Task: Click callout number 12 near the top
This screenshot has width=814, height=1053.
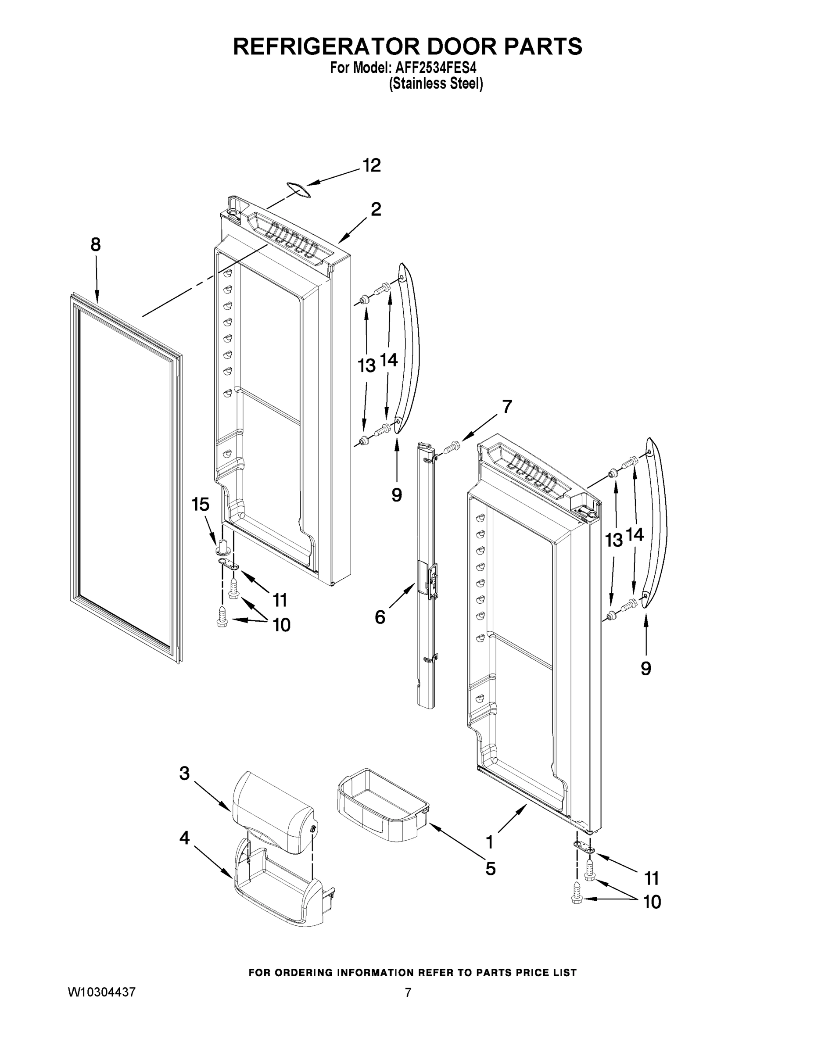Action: click(371, 165)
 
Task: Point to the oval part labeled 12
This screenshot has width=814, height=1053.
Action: click(298, 190)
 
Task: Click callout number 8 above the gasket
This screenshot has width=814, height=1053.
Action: click(96, 245)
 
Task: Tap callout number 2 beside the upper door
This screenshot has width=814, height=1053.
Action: click(376, 209)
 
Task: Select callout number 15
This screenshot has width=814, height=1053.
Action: click(201, 505)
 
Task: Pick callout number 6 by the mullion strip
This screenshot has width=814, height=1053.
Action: click(380, 617)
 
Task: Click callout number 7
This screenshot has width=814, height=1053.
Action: click(506, 407)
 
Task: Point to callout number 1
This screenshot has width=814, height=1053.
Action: click(490, 842)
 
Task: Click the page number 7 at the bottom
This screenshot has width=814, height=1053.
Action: click(408, 992)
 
